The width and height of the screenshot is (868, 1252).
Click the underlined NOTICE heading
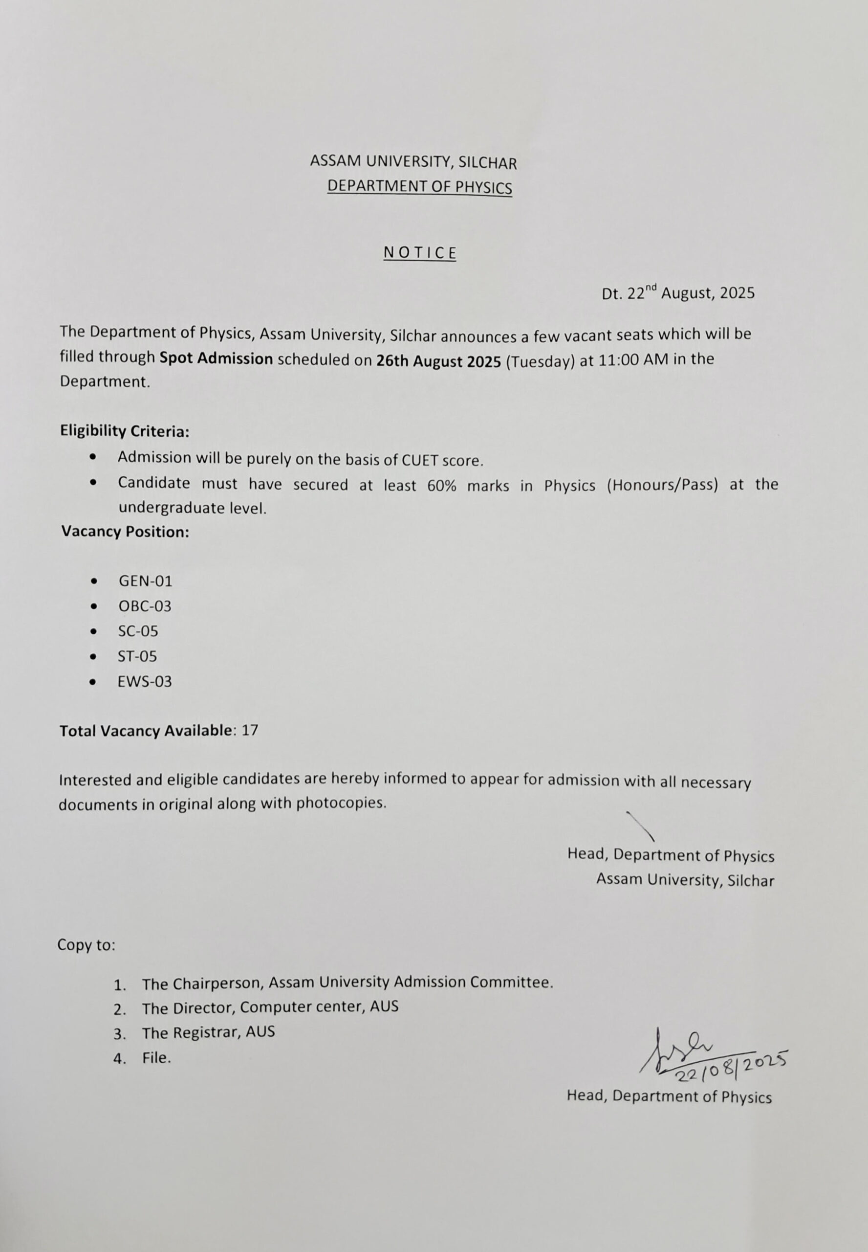419,253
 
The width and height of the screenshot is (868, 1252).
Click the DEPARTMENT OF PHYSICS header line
419,187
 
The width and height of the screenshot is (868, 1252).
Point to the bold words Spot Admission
216,358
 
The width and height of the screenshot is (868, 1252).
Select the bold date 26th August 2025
438,361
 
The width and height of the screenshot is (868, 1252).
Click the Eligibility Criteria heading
125,431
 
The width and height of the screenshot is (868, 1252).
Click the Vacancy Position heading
125,532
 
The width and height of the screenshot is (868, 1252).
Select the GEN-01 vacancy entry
145,581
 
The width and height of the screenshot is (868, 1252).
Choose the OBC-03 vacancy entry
145,606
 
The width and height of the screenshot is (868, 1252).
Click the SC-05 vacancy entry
138,631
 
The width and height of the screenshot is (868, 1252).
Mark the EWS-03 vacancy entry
145,681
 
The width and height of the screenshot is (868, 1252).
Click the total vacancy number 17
250,730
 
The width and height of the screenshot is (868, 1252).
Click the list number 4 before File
119,1059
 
